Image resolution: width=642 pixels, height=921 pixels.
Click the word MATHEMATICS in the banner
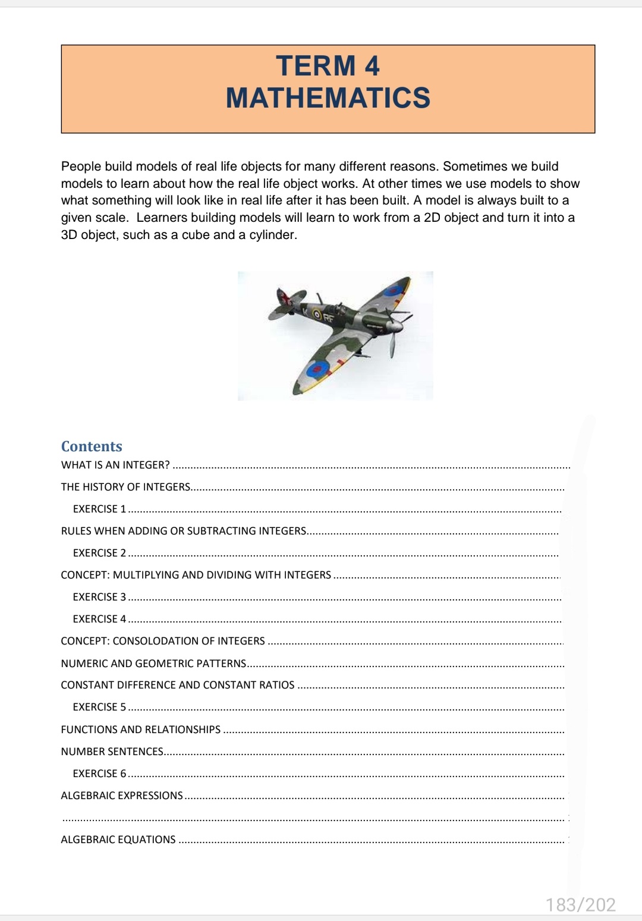pos(328,98)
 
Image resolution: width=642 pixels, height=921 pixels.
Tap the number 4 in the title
pos(372,66)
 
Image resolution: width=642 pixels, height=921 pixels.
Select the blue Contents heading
pos(92,447)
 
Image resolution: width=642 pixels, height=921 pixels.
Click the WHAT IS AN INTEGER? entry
pos(115,465)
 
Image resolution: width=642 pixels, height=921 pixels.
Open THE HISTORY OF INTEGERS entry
pos(125,487)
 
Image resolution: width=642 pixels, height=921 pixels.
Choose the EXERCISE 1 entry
pos(99,509)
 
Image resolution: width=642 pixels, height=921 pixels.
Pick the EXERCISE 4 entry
pos(99,619)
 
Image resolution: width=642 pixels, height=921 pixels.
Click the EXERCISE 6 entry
pos(99,774)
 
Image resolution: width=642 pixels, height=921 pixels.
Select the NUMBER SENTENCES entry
pos(112,752)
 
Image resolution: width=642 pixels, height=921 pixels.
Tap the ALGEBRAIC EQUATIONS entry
pos(118,840)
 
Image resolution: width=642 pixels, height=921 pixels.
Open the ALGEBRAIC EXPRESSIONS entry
pos(122,796)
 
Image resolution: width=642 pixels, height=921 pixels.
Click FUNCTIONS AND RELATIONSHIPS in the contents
pos(140,730)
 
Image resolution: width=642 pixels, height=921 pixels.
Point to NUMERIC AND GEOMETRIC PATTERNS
pos(153,664)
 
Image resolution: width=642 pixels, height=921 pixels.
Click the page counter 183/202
pos(580,904)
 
